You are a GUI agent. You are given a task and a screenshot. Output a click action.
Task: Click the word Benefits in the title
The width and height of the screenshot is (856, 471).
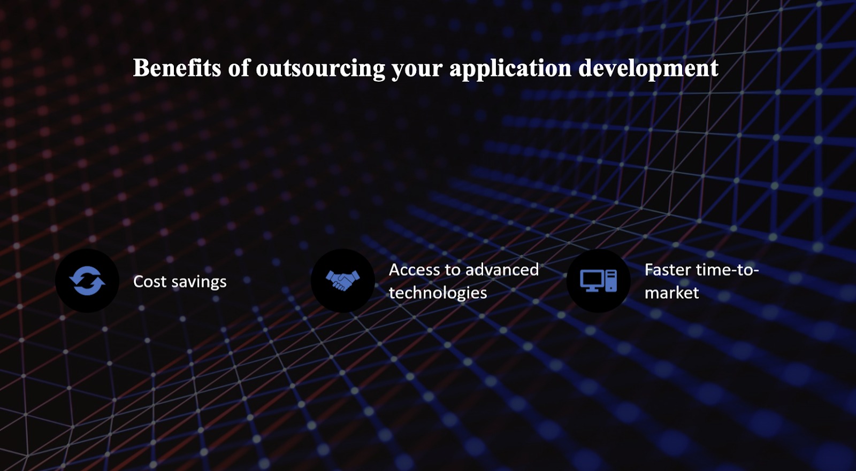177,68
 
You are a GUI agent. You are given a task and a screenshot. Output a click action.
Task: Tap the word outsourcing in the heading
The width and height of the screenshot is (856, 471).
320,68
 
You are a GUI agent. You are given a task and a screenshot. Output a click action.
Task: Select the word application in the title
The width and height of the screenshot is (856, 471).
510,69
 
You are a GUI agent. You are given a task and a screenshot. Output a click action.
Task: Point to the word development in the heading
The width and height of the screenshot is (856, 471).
648,69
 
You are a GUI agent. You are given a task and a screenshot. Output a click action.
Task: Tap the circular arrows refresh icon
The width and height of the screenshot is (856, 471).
87,281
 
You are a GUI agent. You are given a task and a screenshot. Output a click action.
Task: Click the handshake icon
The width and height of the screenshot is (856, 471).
343,281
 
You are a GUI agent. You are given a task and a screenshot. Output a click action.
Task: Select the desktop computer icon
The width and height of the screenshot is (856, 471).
599,281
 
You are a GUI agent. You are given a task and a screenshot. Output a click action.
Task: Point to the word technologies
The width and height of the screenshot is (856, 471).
438,294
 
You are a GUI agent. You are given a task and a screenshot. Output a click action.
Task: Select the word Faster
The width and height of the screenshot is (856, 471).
668,270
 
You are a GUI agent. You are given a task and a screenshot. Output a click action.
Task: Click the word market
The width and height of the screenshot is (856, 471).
672,294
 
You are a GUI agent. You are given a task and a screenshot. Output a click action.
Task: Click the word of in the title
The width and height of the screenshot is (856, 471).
238,68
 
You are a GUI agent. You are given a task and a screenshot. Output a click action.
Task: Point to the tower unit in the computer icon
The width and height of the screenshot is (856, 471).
611,281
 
